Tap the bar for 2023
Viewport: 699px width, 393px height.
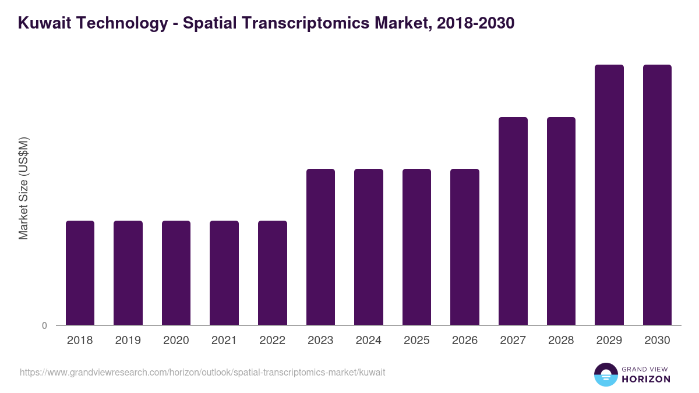coord(320,247)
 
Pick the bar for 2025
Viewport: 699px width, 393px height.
coord(416,247)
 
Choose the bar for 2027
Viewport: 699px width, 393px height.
coord(513,221)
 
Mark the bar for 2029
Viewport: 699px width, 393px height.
coord(609,194)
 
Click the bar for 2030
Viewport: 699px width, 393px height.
coord(657,194)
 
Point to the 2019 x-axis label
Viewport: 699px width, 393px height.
coord(128,341)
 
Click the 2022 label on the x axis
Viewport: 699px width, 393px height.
coord(272,341)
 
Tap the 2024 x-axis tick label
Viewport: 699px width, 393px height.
coord(368,341)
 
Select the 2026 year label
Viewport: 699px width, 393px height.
coord(465,341)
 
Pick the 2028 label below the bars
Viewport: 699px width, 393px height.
coord(561,341)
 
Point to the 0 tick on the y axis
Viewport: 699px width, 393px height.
coord(44,326)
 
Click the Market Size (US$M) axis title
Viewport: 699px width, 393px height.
coord(23,189)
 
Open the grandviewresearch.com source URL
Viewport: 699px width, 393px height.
coord(202,372)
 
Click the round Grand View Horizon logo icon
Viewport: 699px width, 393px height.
coord(606,374)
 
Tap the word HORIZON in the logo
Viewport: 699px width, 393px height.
coord(646,379)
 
